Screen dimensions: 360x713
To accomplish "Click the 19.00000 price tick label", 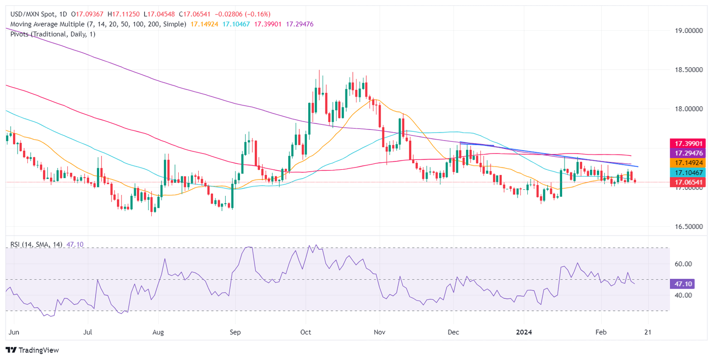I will pyautogui.click(x=691, y=31).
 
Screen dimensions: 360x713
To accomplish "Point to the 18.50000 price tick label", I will pyautogui.click(x=691, y=70).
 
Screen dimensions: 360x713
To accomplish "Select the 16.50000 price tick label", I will pyautogui.click(x=691, y=227).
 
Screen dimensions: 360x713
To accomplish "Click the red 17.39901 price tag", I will pyautogui.click(x=691, y=143).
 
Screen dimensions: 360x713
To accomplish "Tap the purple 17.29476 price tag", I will pyautogui.click(x=691, y=153).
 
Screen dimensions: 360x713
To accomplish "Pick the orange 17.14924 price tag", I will pyautogui.click(x=691, y=163).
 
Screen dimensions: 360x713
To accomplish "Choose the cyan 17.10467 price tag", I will pyautogui.click(x=691, y=173).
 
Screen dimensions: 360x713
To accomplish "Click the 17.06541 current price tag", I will pyautogui.click(x=691, y=182).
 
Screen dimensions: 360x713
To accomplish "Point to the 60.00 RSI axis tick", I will pyautogui.click(x=684, y=264).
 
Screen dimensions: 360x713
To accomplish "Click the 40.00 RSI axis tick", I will pyautogui.click(x=684, y=295).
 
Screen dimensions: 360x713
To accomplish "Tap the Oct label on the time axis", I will pyautogui.click(x=305, y=333).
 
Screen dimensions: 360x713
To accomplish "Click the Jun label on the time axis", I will pyautogui.click(x=14, y=333).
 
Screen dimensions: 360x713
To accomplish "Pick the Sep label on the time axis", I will pyautogui.click(x=235, y=333).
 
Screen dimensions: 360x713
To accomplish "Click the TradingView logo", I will pyautogui.click(x=32, y=350).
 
